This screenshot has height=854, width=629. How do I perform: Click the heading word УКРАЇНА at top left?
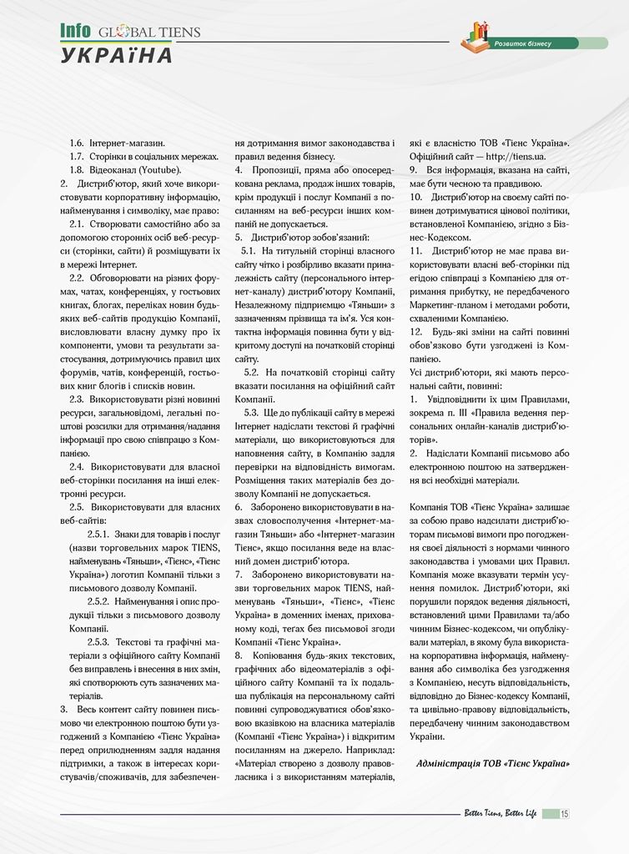click(117, 55)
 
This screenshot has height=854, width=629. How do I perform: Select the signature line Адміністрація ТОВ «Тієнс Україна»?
click(493, 763)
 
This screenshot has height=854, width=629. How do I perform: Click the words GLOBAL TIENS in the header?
click(149, 32)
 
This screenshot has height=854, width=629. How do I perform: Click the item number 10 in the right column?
click(417, 197)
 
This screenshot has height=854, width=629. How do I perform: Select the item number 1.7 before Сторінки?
click(78, 157)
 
